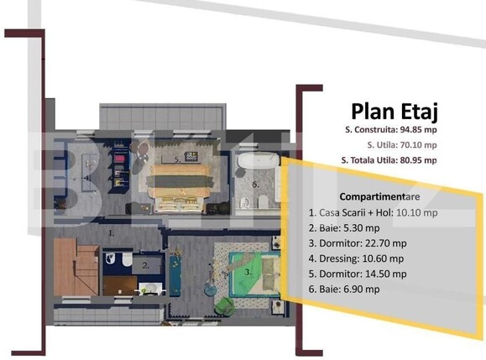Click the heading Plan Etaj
(395, 112)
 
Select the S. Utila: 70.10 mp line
(402, 144)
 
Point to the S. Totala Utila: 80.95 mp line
(389, 160)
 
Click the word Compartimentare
(379, 196)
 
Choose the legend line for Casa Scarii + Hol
(374, 212)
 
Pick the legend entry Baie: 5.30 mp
(344, 228)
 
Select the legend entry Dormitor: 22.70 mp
(358, 243)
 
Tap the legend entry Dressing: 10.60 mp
(356, 258)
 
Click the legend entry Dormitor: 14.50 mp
(358, 274)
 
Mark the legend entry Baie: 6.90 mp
(344, 289)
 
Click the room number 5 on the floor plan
(177, 160)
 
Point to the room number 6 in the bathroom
(256, 185)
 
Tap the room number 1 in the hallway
(112, 233)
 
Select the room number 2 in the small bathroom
(146, 265)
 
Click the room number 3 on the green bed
(248, 272)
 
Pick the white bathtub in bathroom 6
(259, 160)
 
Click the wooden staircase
(76, 267)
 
